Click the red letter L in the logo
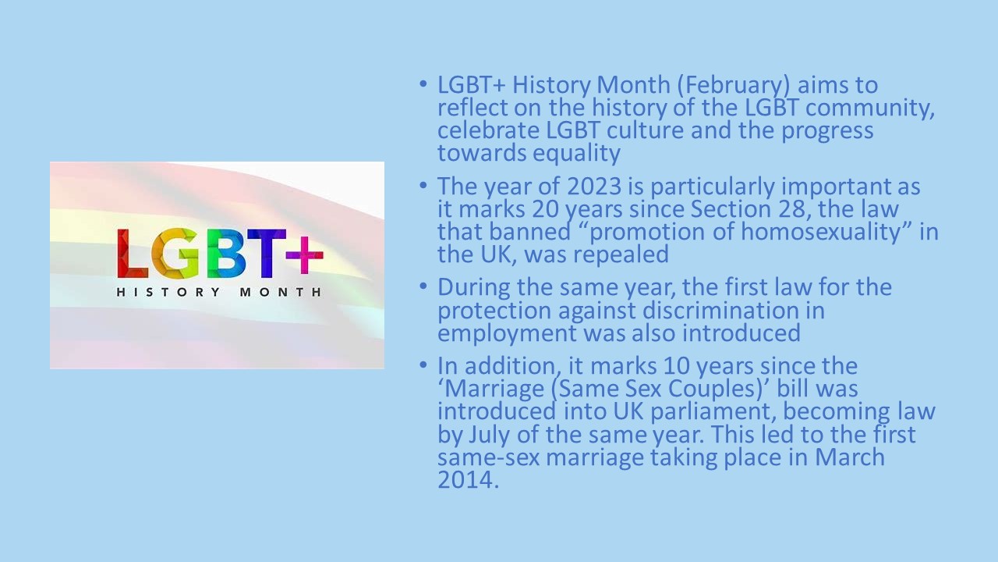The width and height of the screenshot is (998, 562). coord(133,254)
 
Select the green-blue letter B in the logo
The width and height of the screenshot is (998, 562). coord(226,254)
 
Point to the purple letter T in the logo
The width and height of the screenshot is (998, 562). coord(267,254)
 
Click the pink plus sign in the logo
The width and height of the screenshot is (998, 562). coord(304,255)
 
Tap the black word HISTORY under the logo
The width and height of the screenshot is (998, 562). coord(168,292)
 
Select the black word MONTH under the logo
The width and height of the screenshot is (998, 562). coord(281,292)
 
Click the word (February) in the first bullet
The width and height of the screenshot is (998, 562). coord(734,86)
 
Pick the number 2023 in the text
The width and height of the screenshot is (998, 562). coord(594,187)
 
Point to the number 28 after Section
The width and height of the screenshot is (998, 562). coord(791,209)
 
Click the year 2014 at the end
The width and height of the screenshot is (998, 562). coord(468,480)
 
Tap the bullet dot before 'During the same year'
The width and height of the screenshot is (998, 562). coord(423,286)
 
